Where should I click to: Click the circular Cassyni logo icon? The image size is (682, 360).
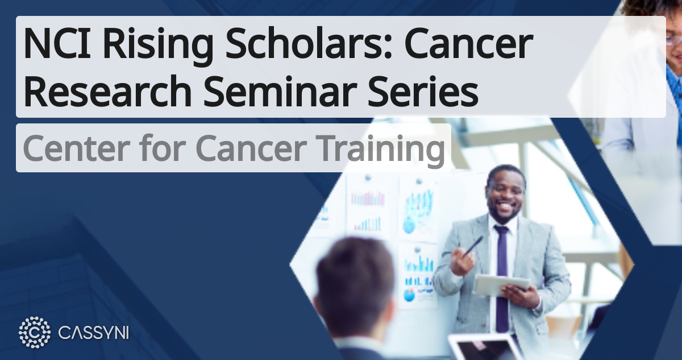[35, 332]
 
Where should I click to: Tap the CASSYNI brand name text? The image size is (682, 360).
[94, 333]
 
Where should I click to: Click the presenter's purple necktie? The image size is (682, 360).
[502, 273]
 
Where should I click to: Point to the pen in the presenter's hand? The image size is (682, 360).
[473, 246]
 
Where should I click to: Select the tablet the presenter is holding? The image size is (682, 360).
[500, 284]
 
